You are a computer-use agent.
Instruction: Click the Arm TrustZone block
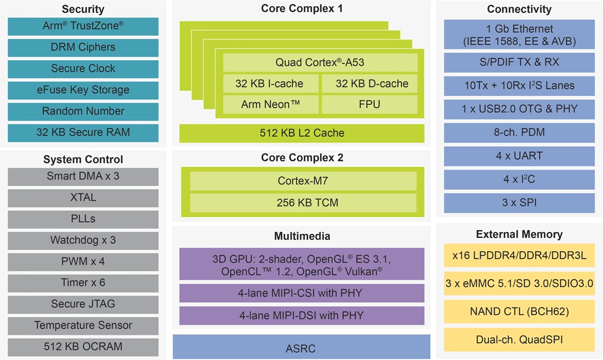coord(83,26)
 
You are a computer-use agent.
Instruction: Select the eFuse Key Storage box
coord(83,90)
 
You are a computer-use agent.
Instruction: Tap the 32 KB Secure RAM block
coord(83,132)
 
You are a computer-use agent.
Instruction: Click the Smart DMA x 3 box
coord(83,176)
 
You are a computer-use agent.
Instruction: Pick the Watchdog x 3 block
coord(83,240)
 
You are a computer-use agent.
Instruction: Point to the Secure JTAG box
coord(83,304)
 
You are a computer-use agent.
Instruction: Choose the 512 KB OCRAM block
coord(83,346)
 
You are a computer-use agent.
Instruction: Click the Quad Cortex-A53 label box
coord(320,63)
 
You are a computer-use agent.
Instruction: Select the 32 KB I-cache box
coord(270,84)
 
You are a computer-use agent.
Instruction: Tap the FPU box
coord(369,104)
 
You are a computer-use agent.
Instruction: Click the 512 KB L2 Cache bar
coord(301,133)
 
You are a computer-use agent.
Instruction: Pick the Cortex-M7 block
coord(303,181)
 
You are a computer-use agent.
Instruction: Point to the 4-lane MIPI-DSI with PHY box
coord(301,315)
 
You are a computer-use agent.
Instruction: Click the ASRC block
coord(301,349)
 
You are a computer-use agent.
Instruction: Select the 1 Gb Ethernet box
coord(519,35)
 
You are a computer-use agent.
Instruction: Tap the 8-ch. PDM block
coord(519,132)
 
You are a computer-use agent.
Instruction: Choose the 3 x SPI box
coord(519,202)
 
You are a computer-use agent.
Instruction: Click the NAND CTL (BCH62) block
coord(519,311)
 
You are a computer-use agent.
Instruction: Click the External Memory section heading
coord(519,234)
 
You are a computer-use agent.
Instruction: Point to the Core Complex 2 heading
coord(301,158)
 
